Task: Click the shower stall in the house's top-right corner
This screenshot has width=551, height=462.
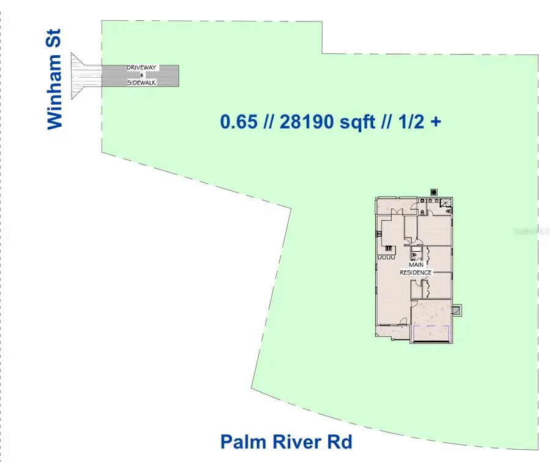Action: pos(446,206)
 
